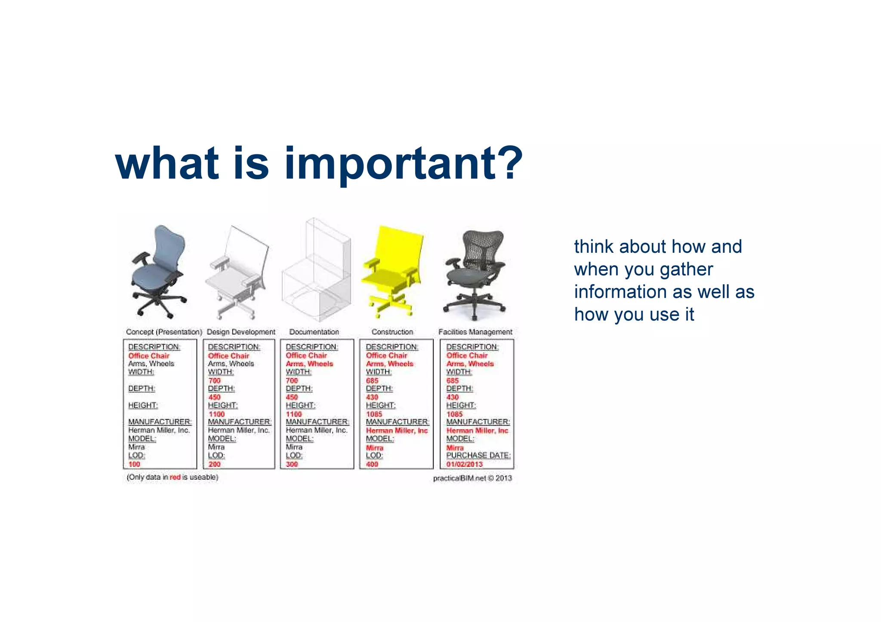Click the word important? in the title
403,163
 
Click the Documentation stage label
314,332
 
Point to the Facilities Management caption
475,332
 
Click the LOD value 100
134,464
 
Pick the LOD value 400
372,464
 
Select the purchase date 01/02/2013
465,464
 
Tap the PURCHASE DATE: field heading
478,455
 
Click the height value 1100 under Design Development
217,414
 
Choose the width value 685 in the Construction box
372,380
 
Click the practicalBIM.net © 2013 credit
472,478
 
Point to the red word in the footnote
175,477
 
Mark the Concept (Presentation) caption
164,332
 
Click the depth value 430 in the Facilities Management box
453,397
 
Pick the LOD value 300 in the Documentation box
292,464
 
